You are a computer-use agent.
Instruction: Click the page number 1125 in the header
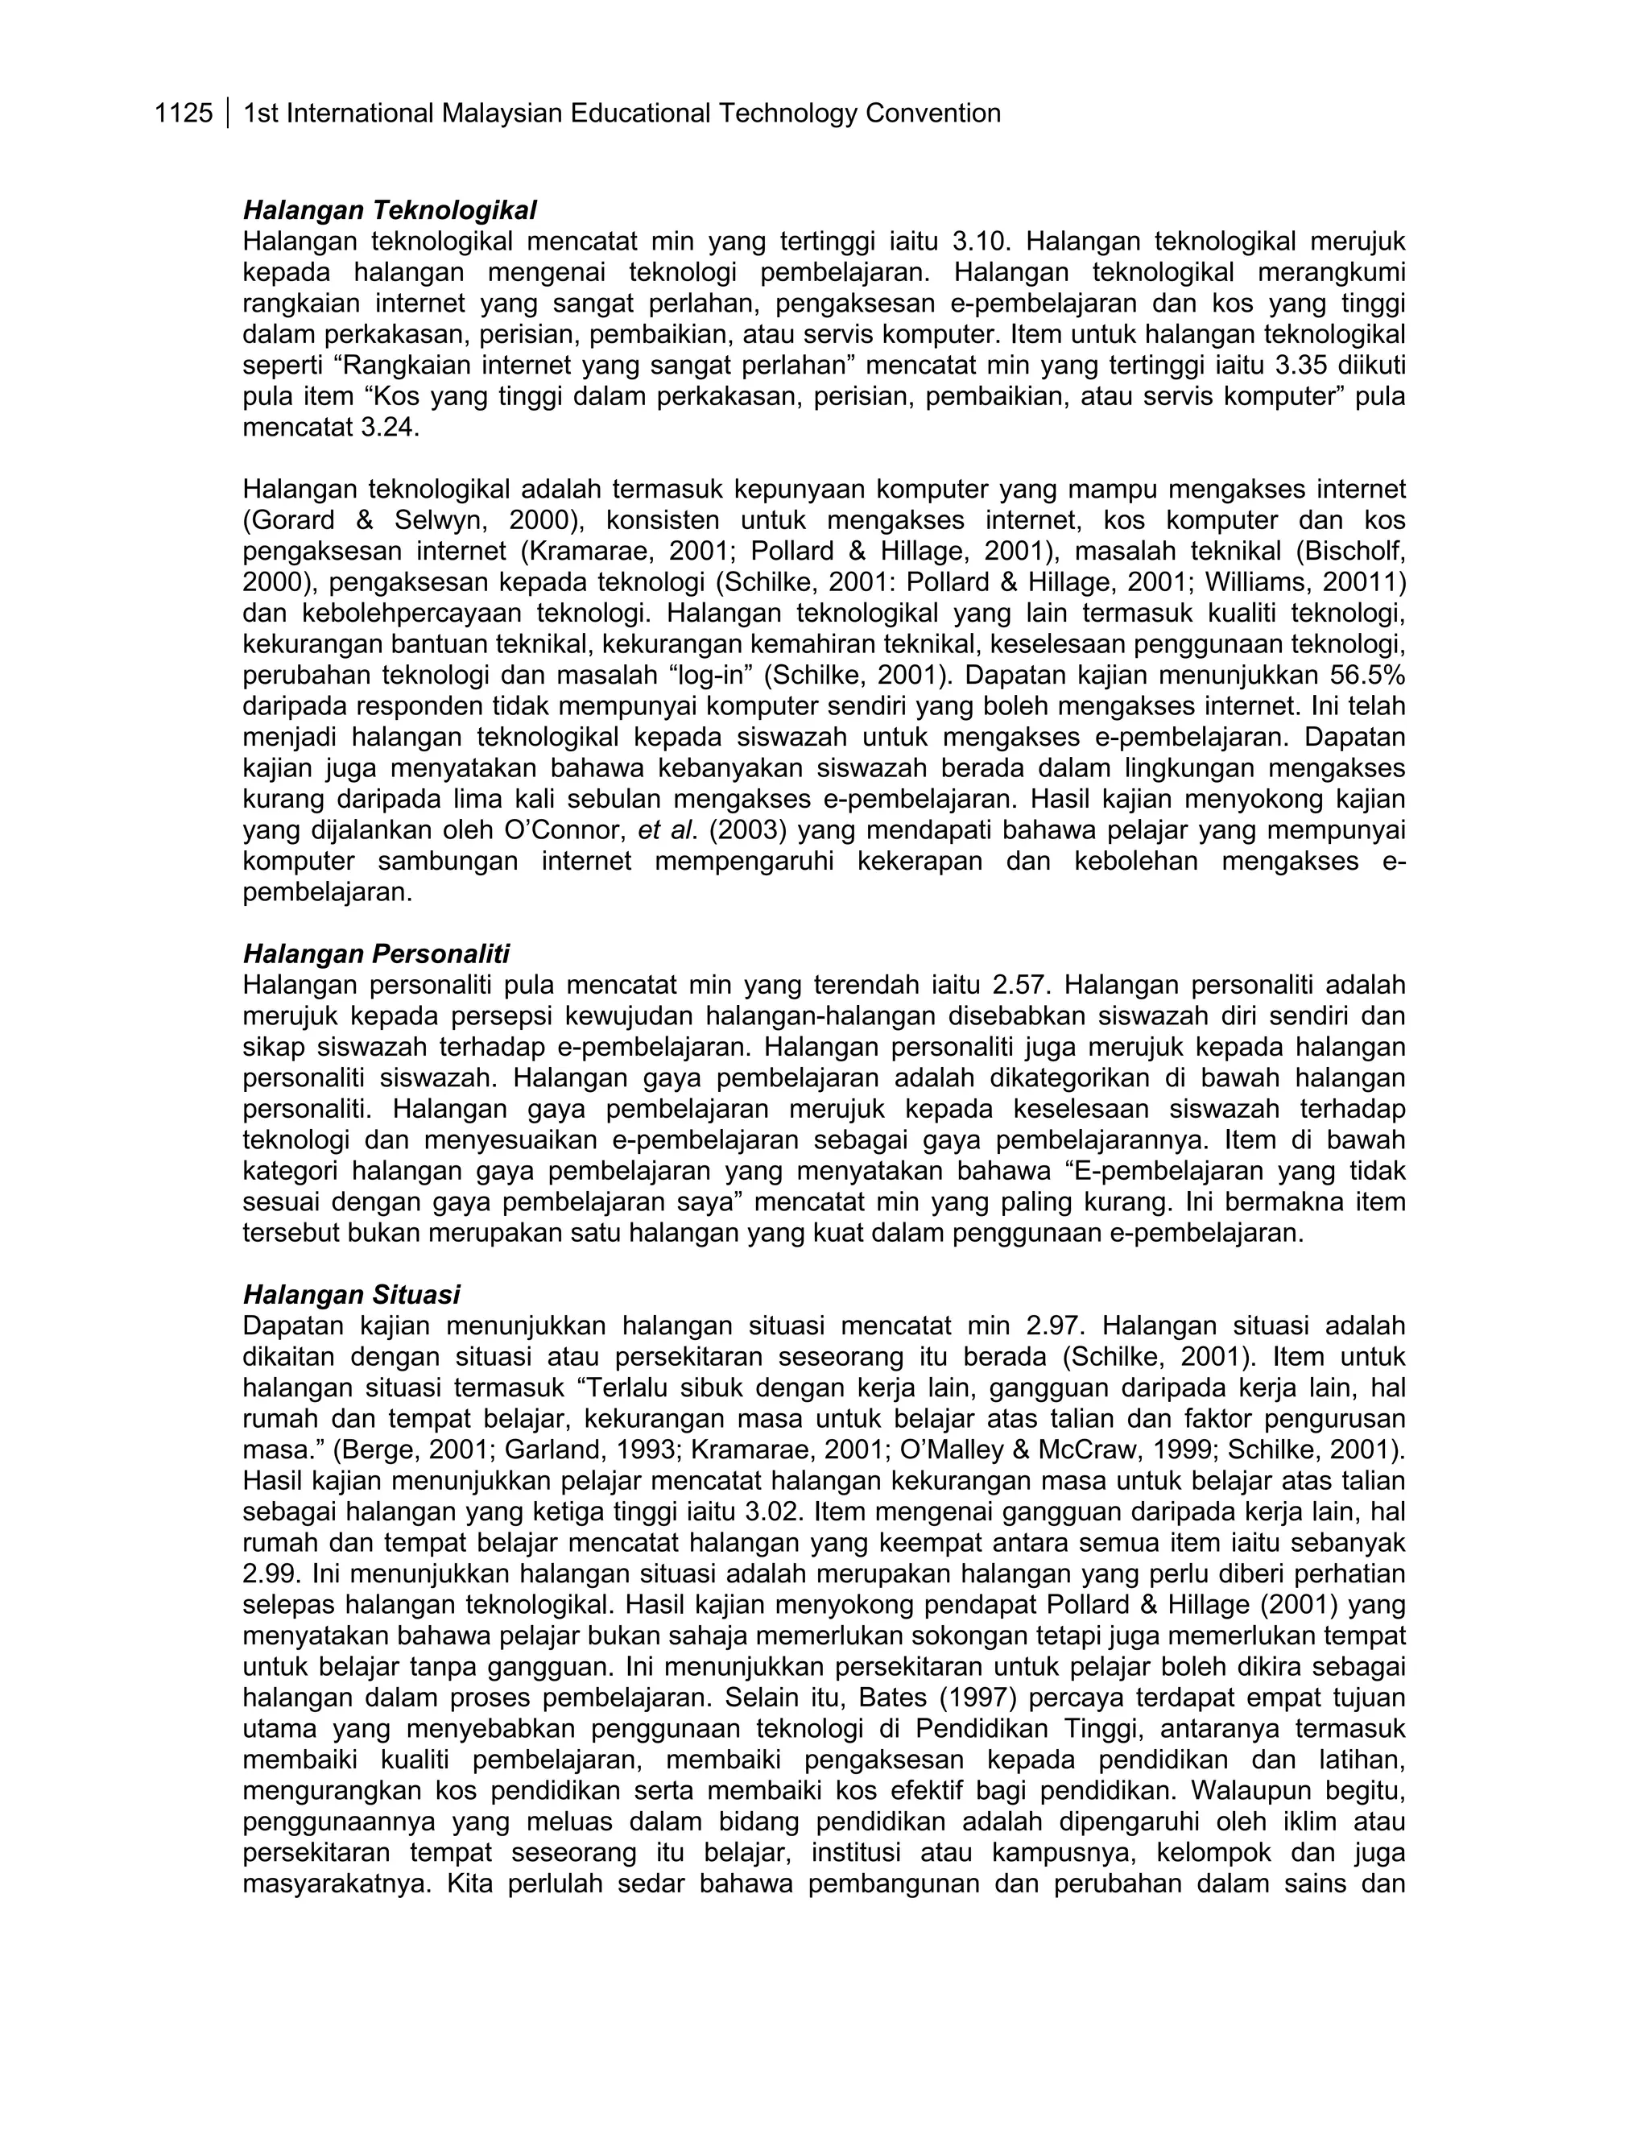click(184, 114)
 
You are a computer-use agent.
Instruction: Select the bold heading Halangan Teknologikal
click(390, 210)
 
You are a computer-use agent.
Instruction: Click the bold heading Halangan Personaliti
click(376, 953)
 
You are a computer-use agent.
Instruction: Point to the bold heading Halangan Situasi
click(351, 1295)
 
